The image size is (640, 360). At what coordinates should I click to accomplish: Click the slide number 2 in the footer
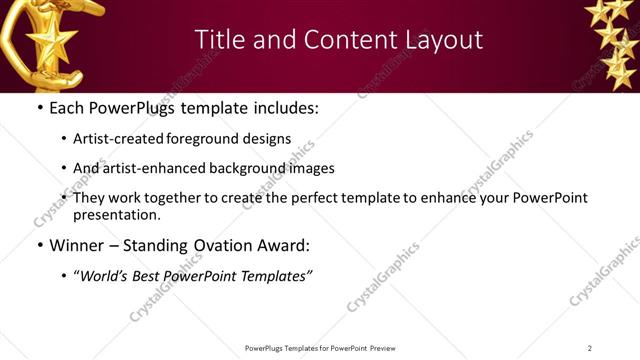pyautogui.click(x=590, y=348)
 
